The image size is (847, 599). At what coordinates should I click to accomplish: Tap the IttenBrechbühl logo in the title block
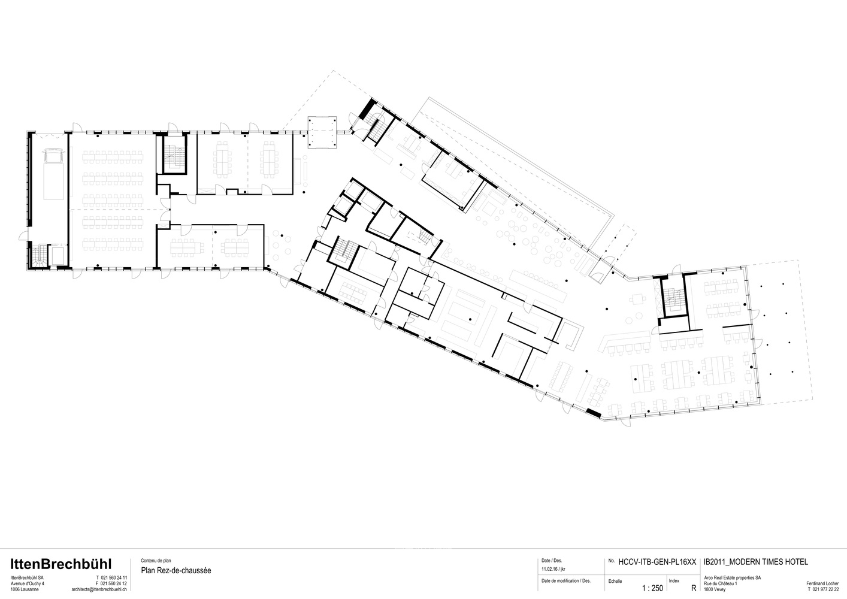coord(60,564)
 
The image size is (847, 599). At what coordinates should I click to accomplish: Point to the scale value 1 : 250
coord(652,588)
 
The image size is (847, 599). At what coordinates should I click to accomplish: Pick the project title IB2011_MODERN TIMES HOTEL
coord(755,562)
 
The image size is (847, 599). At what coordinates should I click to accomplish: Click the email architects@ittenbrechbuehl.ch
coord(99,589)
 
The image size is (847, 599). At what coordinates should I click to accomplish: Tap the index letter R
coord(693,588)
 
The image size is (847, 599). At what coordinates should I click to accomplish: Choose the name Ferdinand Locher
coord(822,583)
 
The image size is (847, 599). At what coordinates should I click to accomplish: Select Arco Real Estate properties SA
coord(732,577)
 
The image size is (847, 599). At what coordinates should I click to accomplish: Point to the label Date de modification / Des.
coord(565,581)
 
